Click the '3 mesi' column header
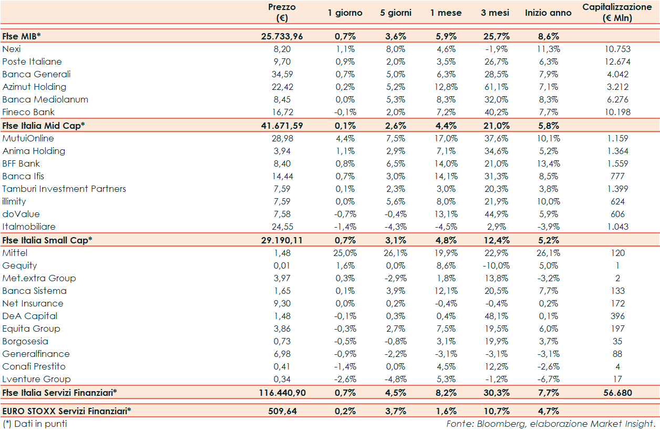[494, 13]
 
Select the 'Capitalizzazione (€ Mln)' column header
[617, 13]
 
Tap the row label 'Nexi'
[12, 49]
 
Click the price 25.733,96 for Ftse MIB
[282, 36]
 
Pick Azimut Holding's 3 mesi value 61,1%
[494, 87]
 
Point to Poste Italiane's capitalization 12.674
[617, 62]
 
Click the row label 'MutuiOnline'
[28, 138]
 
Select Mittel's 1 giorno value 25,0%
[345, 253]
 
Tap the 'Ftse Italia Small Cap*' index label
[47, 240]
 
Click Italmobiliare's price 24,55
[282, 227]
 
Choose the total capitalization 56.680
[617, 393]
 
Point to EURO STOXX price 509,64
[282, 411]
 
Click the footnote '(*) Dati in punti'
[35, 423]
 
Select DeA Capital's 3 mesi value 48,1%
[494, 316]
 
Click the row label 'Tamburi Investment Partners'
[64, 189]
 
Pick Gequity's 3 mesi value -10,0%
[494, 265]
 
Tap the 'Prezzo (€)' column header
[282, 13]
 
